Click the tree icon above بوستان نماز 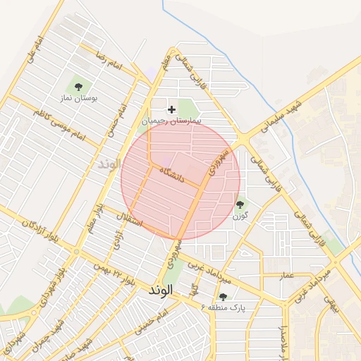(x=78, y=86)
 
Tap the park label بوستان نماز (x=78, y=99)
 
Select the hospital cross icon (x=171, y=109)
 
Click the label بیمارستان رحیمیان (x=172, y=121)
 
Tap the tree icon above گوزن (x=240, y=204)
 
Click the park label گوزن (x=240, y=216)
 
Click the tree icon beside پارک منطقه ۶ (x=224, y=297)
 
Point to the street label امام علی (x=35, y=51)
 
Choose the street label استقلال (x=131, y=220)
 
